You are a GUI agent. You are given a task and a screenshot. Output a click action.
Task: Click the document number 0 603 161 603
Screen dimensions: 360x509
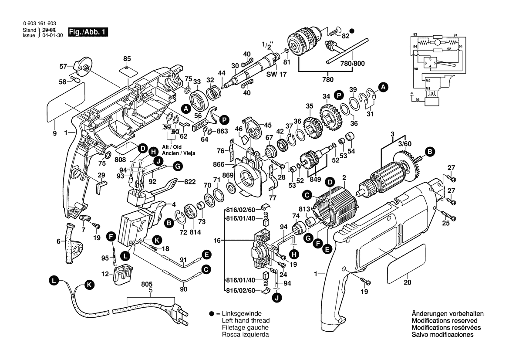pyautogui.click(x=39, y=23)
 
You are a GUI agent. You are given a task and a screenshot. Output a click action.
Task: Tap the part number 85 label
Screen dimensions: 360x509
pyautogui.click(x=127, y=58)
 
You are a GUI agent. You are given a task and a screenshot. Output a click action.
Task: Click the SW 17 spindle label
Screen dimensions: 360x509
pyautogui.click(x=273, y=75)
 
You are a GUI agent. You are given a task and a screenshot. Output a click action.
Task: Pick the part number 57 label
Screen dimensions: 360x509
pyautogui.click(x=63, y=66)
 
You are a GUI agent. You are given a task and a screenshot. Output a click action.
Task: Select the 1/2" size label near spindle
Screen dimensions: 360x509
pyautogui.click(x=266, y=45)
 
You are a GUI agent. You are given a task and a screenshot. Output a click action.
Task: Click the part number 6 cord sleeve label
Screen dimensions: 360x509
pyautogui.click(x=58, y=241)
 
